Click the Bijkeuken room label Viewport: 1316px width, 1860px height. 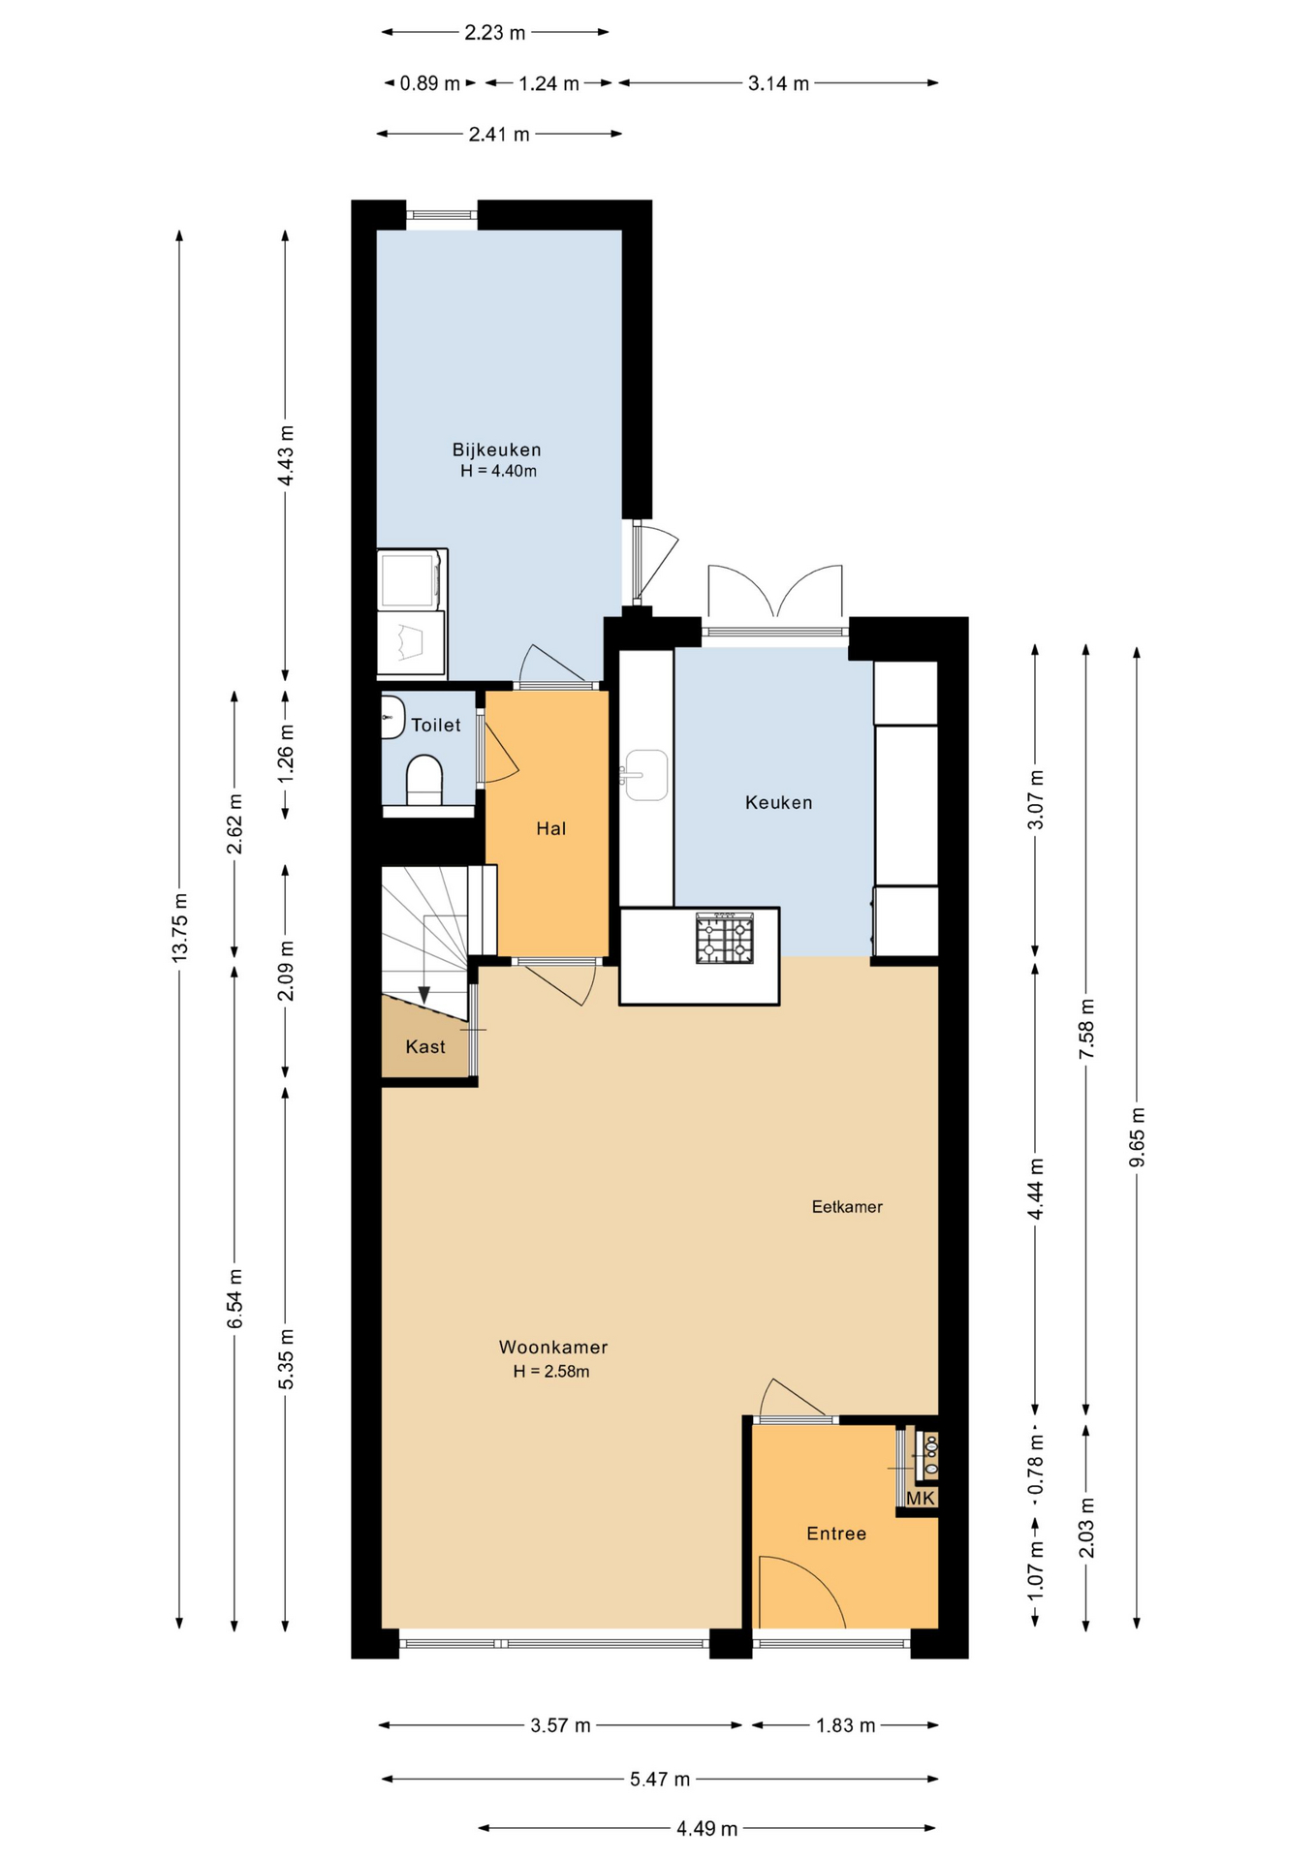496,449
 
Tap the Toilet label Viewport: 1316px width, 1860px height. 436,725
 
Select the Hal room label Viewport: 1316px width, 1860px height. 551,828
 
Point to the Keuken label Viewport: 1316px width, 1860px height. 778,802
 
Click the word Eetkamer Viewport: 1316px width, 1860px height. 847,1207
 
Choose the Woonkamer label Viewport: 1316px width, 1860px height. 553,1347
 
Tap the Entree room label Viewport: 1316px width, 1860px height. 836,1534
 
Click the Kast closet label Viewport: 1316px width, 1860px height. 425,1046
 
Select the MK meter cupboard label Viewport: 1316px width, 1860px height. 921,1499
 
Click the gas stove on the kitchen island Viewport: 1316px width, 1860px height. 724,938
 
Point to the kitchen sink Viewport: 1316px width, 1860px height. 646,775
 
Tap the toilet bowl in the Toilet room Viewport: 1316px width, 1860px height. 424,781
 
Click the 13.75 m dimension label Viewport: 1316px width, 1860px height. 179,927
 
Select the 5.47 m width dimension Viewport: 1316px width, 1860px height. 660,1779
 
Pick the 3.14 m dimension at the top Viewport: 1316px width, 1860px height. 778,83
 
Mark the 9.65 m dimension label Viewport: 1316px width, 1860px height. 1137,1136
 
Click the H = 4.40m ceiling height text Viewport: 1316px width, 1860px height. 498,472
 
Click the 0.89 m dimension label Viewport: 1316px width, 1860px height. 429,83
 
